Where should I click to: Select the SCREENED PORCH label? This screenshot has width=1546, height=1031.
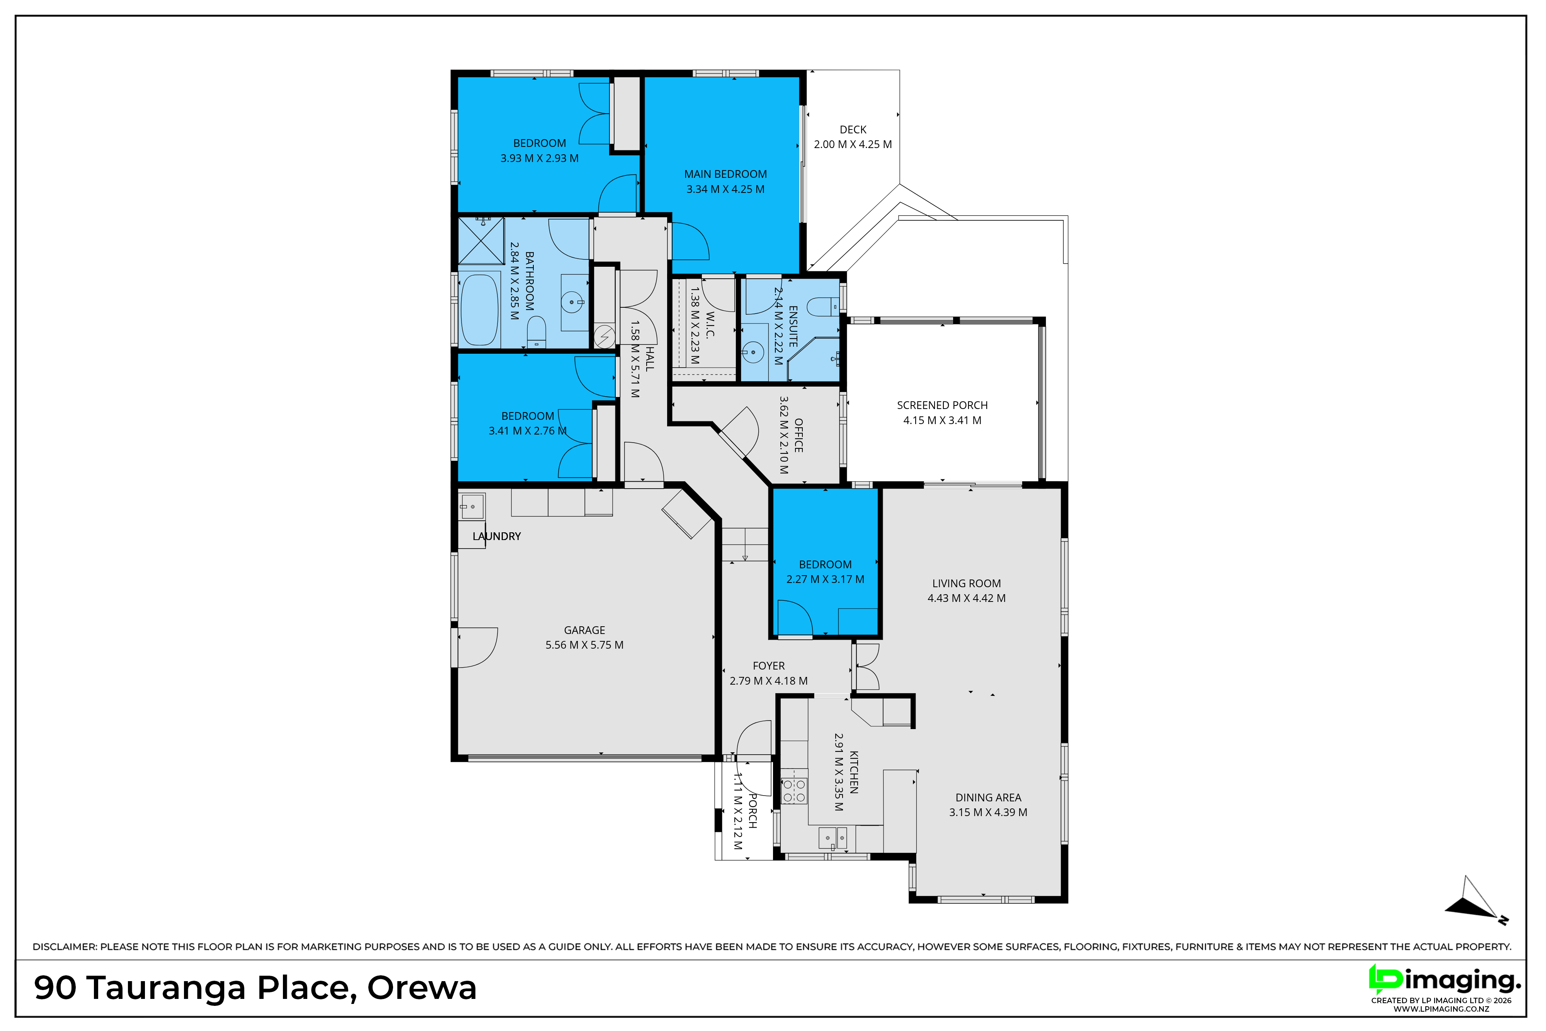(942, 406)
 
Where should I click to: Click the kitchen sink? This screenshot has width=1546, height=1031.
(832, 838)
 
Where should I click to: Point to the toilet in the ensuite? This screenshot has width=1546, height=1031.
(823, 307)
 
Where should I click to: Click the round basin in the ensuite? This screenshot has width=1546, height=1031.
(753, 353)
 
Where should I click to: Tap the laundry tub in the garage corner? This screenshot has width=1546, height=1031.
(472, 507)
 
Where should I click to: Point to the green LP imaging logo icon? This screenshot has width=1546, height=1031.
(1384, 980)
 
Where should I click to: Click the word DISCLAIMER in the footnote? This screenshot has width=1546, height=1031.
(65, 947)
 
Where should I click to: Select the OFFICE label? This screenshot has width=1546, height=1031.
(799, 435)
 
